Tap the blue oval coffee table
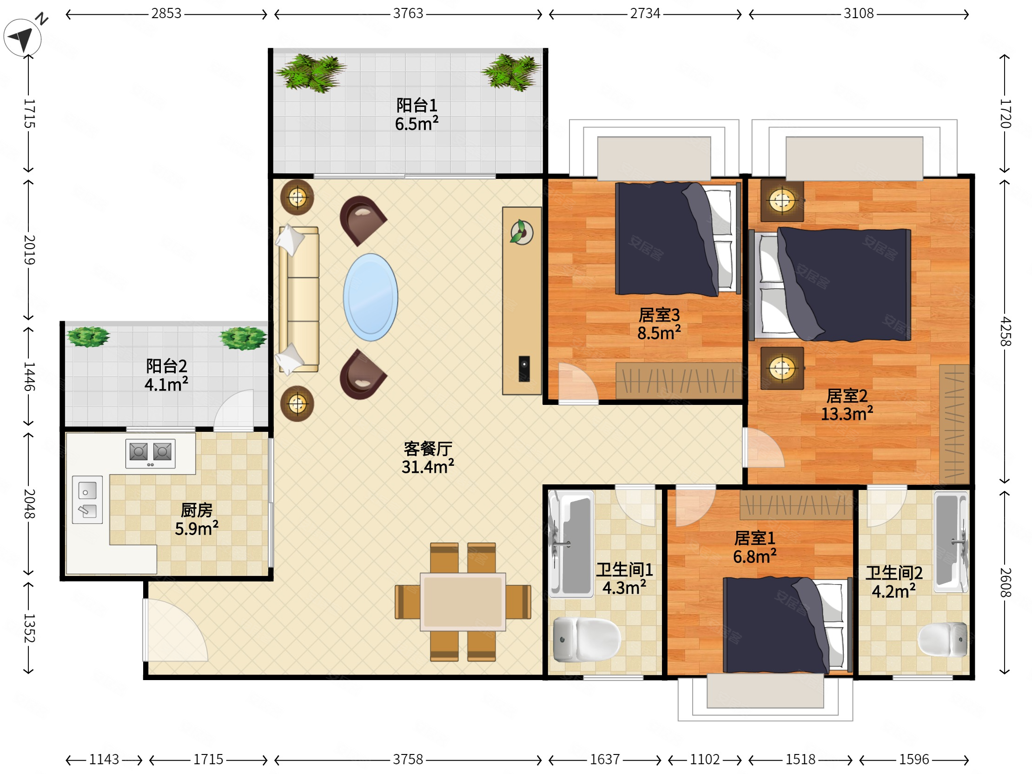(x=370, y=297)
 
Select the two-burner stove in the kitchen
(x=150, y=453)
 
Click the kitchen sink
(x=87, y=499)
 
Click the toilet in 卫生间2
(x=942, y=639)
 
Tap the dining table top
(x=463, y=602)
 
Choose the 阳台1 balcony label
(x=417, y=115)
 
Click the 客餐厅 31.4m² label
(x=428, y=458)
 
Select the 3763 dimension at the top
(x=408, y=13)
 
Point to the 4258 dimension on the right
(x=1006, y=332)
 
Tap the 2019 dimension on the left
(x=29, y=250)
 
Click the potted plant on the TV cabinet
(x=522, y=232)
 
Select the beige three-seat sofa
(x=298, y=299)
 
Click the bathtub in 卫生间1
(x=572, y=544)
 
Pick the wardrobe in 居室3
(x=678, y=381)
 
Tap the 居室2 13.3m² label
(x=847, y=405)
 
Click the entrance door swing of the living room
(x=175, y=630)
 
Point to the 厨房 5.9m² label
(x=197, y=520)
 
